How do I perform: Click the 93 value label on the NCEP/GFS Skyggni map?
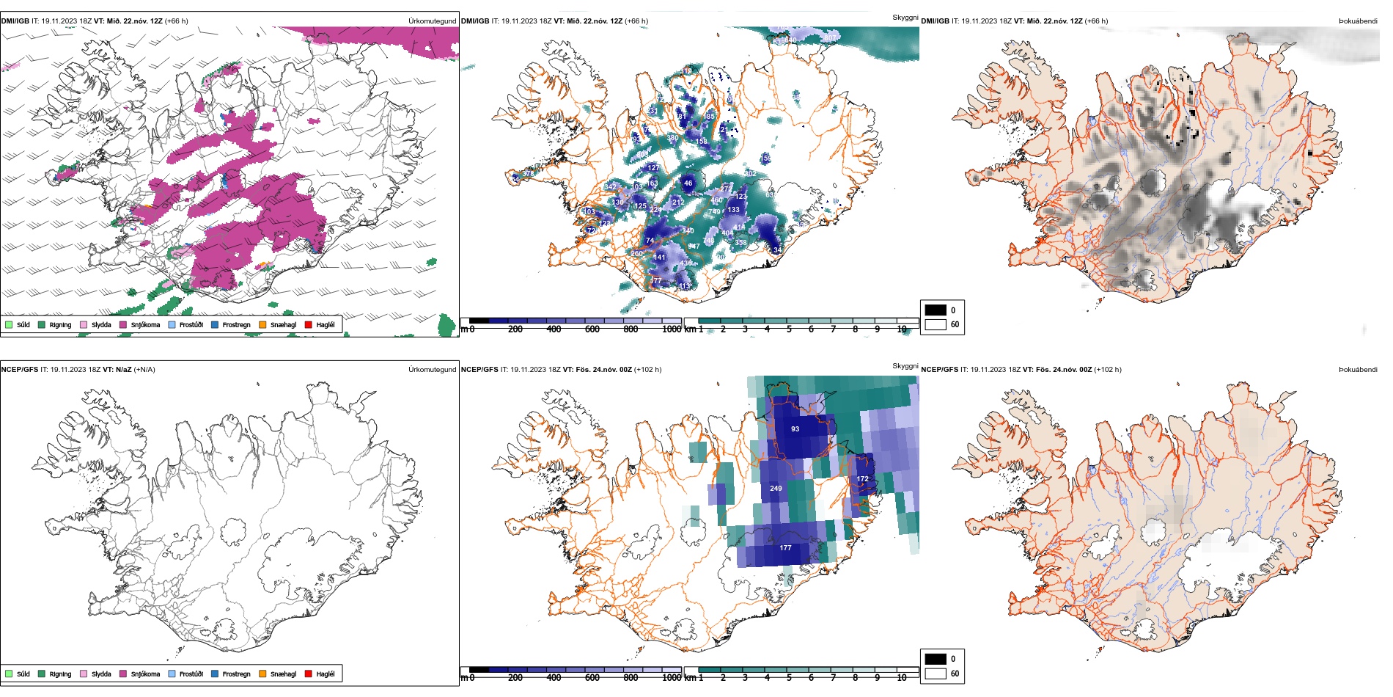[795, 429]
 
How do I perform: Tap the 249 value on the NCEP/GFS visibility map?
[776, 488]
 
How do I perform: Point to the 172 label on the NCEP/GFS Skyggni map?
[862, 479]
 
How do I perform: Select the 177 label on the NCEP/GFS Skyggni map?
[785, 548]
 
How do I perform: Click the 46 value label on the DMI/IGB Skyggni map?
[688, 183]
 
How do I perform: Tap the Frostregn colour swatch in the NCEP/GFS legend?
[215, 674]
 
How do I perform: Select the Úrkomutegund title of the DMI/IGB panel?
[432, 21]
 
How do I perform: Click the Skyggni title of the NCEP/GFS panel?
[905, 365]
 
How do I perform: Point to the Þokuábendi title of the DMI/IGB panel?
[1358, 21]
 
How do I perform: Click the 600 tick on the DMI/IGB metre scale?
[592, 329]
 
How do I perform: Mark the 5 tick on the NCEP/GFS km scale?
[789, 678]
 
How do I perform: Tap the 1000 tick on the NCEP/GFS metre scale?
[672, 678]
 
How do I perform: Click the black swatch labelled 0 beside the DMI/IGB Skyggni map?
[936, 310]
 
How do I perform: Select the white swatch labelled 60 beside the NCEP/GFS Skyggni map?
[936, 674]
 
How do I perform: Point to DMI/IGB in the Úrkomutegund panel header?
[15, 21]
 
